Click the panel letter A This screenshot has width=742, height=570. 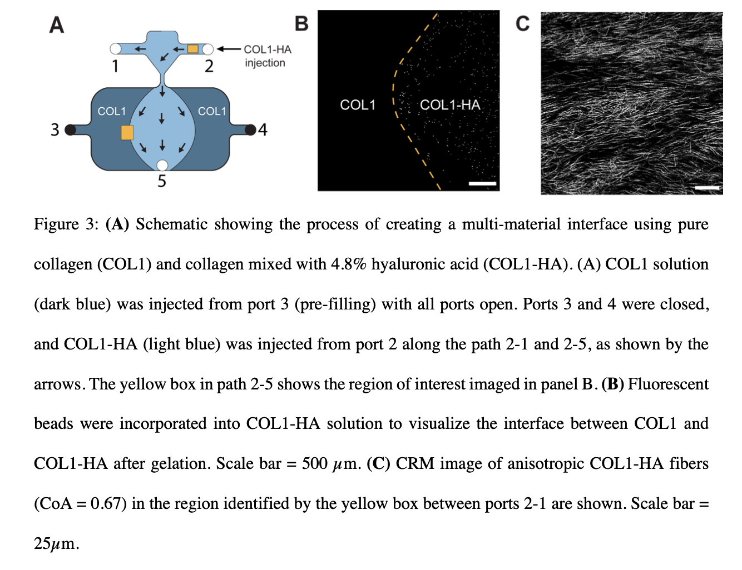(57, 25)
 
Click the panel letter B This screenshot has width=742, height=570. (301, 24)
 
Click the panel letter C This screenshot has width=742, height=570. (523, 24)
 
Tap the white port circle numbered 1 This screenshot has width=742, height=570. (115, 49)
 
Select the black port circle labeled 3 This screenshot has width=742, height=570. (70, 130)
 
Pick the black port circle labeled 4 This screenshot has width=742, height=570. (250, 129)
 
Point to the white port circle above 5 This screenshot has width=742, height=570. (162, 166)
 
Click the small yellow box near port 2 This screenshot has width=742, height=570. (193, 49)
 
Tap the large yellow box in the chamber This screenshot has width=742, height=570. (127, 133)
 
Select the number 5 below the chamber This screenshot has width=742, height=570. (162, 181)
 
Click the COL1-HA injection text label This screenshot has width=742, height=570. (268, 56)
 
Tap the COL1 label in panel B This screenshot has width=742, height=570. (358, 105)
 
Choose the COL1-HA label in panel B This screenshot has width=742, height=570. (450, 105)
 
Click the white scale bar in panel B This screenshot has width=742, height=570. (482, 184)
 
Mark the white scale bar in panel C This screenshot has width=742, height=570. (707, 188)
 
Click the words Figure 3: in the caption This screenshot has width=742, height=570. (66, 224)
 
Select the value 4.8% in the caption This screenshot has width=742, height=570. (348, 264)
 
